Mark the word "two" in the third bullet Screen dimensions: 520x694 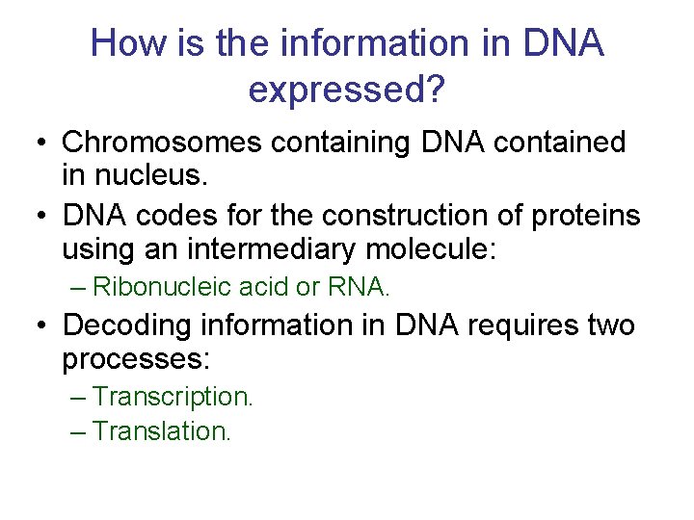point(610,325)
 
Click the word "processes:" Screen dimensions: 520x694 point(136,361)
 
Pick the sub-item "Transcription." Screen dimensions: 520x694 point(173,396)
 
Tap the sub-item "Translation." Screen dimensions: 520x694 point(163,430)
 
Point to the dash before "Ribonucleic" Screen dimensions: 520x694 point(80,287)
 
